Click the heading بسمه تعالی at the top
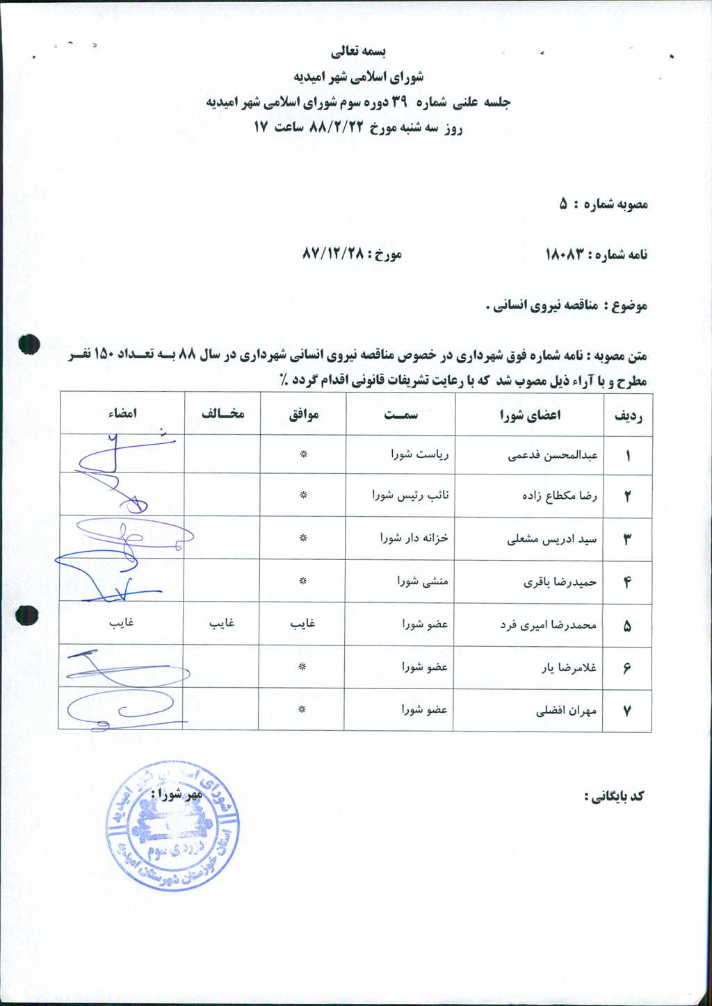(357, 51)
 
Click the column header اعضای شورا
(530, 415)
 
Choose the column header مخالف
(222, 414)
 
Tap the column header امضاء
(122, 413)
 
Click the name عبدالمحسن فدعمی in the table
(553, 456)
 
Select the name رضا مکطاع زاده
(559, 496)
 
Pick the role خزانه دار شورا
(414, 538)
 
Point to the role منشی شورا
(423, 581)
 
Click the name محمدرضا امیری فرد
(548, 625)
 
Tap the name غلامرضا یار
(569, 668)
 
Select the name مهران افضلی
(566, 711)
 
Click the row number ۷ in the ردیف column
(626, 711)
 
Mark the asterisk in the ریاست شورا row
(302, 456)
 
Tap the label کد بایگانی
(615, 796)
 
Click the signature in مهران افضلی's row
(122, 709)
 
